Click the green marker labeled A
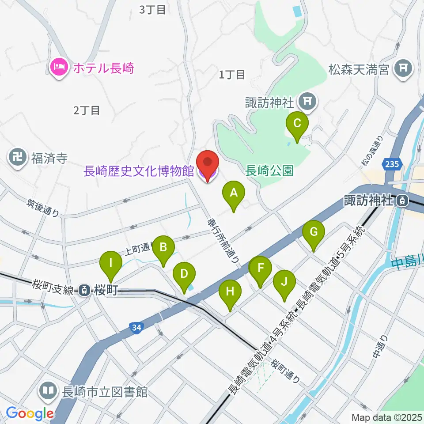(x=234, y=193)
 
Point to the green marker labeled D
(x=184, y=274)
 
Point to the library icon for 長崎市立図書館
(x=48, y=391)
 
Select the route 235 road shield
(x=393, y=164)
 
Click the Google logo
(x=30, y=413)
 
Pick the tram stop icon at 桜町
(x=84, y=290)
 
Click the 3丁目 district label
(x=152, y=10)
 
